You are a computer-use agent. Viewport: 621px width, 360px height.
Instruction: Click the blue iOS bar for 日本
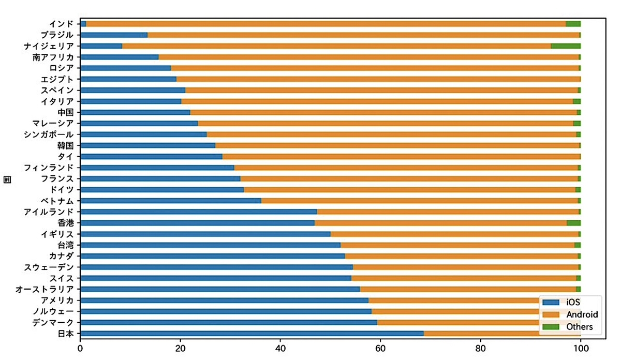pyautogui.click(x=252, y=333)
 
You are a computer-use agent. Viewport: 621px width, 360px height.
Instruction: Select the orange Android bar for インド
pyautogui.click(x=326, y=24)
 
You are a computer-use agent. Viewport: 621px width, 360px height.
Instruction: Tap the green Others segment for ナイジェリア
pyautogui.click(x=565, y=46)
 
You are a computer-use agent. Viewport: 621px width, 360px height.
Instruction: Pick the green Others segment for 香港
pyautogui.click(x=573, y=222)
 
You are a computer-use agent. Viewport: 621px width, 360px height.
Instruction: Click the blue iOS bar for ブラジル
pyautogui.click(x=114, y=35)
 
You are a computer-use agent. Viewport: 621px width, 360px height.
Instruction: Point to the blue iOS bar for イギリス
pyautogui.click(x=205, y=234)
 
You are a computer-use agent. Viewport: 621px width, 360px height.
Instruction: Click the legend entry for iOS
pyautogui.click(x=565, y=302)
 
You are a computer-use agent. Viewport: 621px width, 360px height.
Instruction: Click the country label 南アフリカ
pyautogui.click(x=53, y=57)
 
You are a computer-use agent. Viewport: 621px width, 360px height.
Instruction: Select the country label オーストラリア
pyautogui.click(x=45, y=289)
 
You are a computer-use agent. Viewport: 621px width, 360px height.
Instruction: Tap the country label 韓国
pyautogui.click(x=66, y=145)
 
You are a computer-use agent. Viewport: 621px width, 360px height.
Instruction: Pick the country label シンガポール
pyautogui.click(x=49, y=134)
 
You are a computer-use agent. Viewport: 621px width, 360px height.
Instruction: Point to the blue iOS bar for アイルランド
pyautogui.click(x=199, y=212)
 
